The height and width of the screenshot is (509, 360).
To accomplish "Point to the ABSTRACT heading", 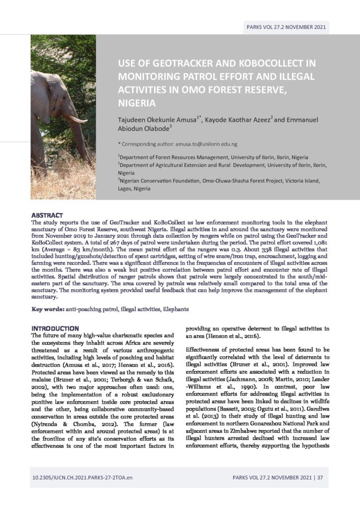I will (47, 215).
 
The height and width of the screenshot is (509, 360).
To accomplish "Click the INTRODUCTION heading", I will (55, 329).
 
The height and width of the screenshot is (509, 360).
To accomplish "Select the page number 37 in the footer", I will (320, 478).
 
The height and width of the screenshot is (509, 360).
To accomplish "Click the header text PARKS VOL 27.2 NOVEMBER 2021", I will (286, 27).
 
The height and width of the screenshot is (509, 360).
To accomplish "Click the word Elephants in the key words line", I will (175, 309).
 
